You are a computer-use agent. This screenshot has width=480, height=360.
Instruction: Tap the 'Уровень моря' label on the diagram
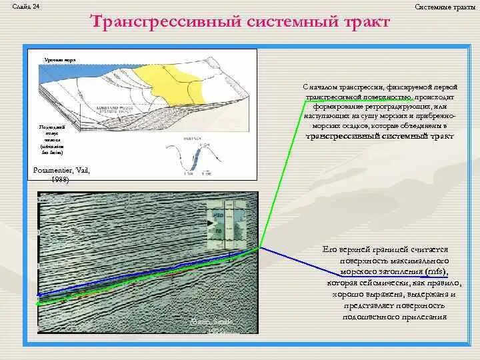(59, 60)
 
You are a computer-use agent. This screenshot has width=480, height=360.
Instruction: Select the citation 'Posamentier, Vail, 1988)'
(61, 174)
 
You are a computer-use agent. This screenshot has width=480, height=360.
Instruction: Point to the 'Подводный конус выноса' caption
(50, 139)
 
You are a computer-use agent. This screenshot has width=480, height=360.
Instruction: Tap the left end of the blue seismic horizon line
(39, 294)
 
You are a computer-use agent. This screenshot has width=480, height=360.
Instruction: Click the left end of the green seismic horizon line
(38, 303)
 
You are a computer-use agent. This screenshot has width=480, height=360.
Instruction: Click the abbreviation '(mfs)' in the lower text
(433, 273)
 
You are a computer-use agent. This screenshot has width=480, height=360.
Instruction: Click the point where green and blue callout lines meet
(260, 247)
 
